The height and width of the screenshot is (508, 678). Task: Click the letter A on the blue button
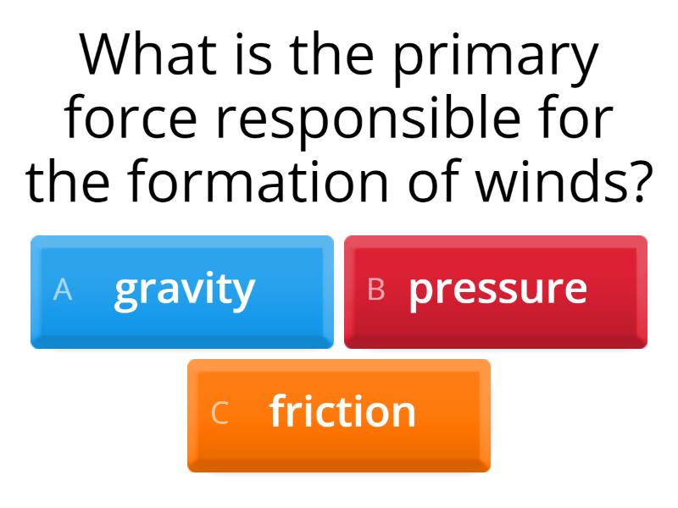(62, 290)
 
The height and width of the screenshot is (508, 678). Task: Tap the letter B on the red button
(376, 290)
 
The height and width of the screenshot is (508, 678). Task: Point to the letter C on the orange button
(220, 413)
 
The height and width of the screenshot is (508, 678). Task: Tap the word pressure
(497, 290)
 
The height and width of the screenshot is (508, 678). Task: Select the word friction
(342, 412)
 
